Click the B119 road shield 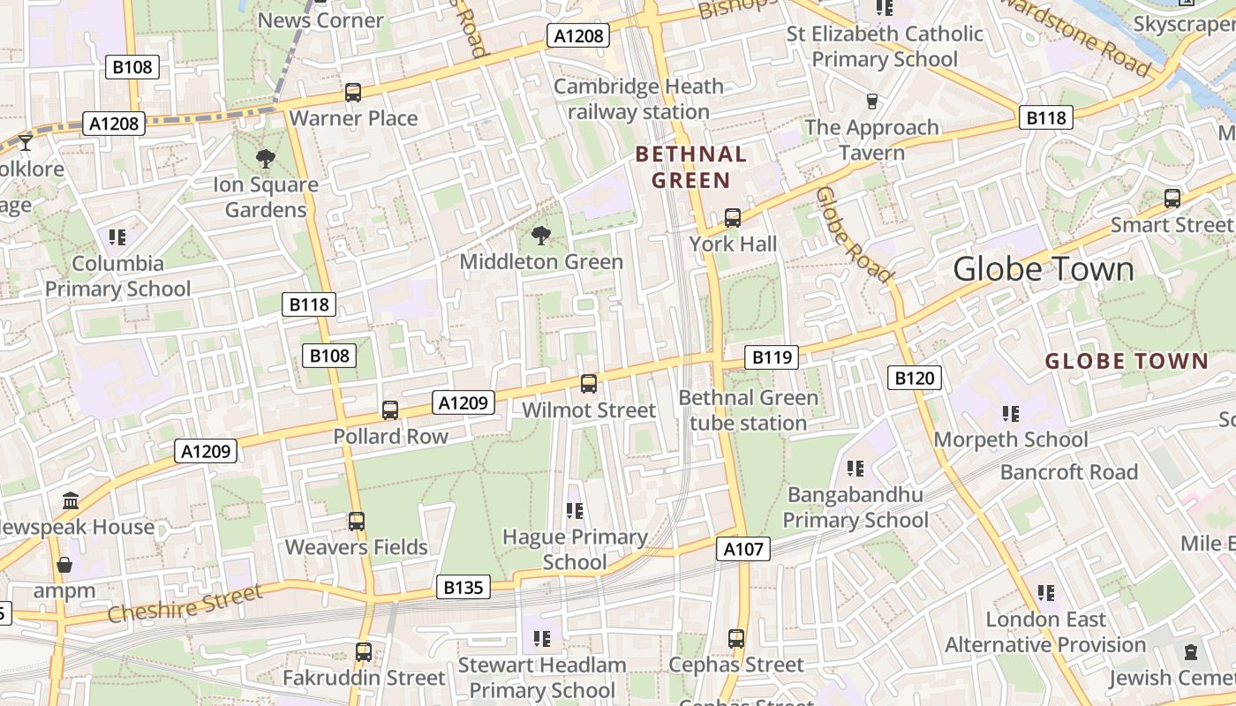[x=772, y=357]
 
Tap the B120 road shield [x=914, y=379]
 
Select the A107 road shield [x=742, y=549]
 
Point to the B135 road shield [x=463, y=587]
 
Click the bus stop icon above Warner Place [x=353, y=93]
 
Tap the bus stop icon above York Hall [x=732, y=217]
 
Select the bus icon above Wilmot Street [x=589, y=384]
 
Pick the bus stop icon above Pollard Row [x=390, y=410]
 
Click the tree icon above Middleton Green [x=540, y=236]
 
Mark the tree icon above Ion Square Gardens [x=265, y=159]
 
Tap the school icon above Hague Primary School [x=575, y=511]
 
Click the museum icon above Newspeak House [x=71, y=501]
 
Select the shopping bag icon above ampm [x=64, y=565]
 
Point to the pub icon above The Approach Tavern [x=872, y=101]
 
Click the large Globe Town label [x=1043, y=269]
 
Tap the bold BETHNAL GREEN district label [x=691, y=168]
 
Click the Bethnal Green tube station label [x=748, y=410]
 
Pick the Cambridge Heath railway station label [x=638, y=99]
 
